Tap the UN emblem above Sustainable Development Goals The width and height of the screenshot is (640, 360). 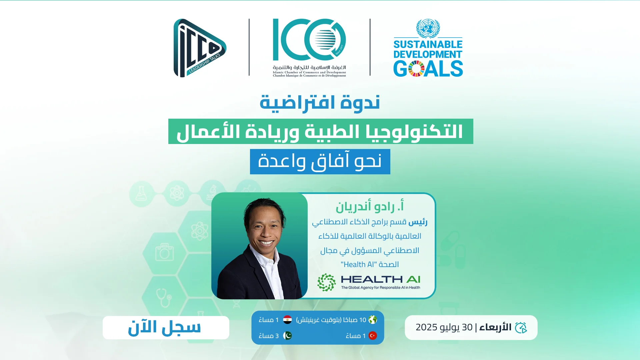click(428, 28)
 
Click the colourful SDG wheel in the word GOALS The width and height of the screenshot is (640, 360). click(417, 69)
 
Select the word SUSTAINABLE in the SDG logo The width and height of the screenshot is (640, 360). click(428, 44)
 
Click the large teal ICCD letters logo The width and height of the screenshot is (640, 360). click(309, 40)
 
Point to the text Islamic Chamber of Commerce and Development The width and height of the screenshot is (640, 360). click(309, 72)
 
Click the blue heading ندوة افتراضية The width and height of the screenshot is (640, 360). click(320, 103)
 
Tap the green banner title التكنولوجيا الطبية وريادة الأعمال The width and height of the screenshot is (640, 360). click(320, 131)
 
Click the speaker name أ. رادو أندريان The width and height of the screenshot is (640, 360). click(370, 206)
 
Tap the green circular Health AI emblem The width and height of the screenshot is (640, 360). click(326, 282)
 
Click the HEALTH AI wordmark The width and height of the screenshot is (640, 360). click(380, 279)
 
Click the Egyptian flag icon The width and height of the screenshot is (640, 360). click(287, 320)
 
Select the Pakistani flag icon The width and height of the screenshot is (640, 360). click(287, 336)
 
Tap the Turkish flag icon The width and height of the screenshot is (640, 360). click(373, 336)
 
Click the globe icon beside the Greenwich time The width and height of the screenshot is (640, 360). click(373, 320)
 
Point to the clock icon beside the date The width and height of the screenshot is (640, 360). click(521, 328)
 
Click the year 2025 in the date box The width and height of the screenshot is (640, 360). click(426, 327)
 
